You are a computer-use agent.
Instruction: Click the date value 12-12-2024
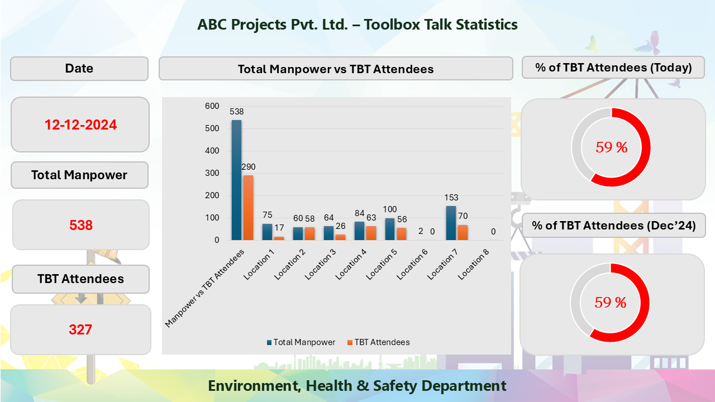pyautogui.click(x=80, y=125)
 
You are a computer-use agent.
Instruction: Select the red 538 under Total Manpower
pyautogui.click(x=81, y=226)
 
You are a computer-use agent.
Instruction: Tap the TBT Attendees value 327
pyautogui.click(x=80, y=329)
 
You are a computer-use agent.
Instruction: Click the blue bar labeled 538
pyautogui.click(x=236, y=180)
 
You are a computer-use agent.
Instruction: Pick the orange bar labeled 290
pyautogui.click(x=248, y=208)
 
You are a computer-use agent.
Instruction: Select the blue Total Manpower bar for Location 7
pyautogui.click(x=451, y=223)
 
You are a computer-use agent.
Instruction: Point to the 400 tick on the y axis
pyautogui.click(x=211, y=151)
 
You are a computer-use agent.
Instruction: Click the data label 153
pyautogui.click(x=451, y=198)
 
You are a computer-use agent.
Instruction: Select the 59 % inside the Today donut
pyautogui.click(x=611, y=147)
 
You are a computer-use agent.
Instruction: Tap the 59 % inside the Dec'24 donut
pyautogui.click(x=610, y=303)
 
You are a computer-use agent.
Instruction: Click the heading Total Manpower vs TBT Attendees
pyautogui.click(x=335, y=69)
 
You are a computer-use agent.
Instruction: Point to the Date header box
pyautogui.click(x=79, y=68)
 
